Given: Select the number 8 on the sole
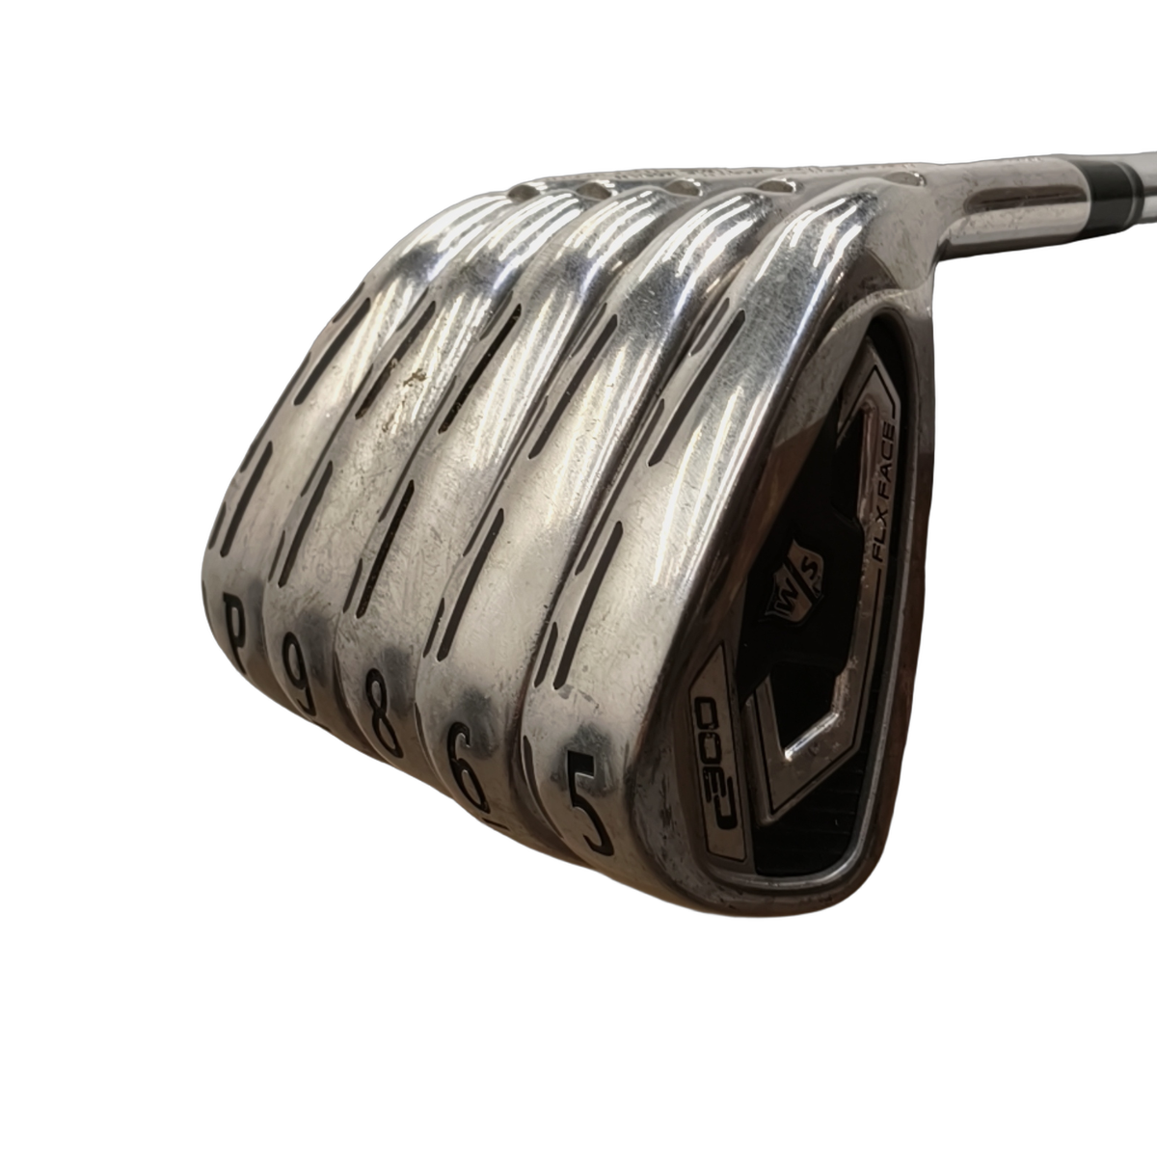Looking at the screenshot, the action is click(x=383, y=713).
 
